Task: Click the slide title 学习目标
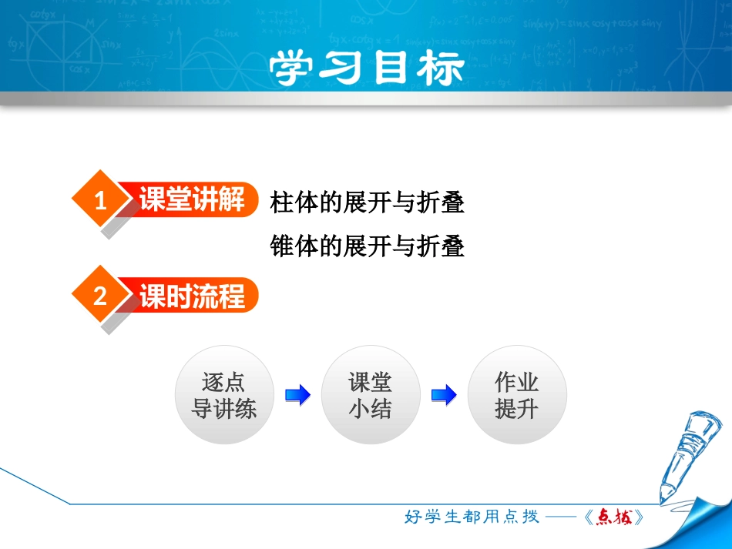(367, 69)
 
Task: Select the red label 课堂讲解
(192, 200)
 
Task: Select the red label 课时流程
(192, 296)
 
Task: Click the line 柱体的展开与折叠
(368, 203)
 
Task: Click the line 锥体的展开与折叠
(368, 247)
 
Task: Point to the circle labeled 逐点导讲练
(223, 395)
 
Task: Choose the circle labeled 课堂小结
(370, 395)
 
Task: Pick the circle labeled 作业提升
(516, 395)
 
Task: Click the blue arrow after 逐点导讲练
(297, 396)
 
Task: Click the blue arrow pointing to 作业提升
(443, 396)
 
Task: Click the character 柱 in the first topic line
(280, 203)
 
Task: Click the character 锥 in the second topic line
(280, 247)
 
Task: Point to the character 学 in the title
(294, 69)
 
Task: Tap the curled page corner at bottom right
(705, 524)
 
